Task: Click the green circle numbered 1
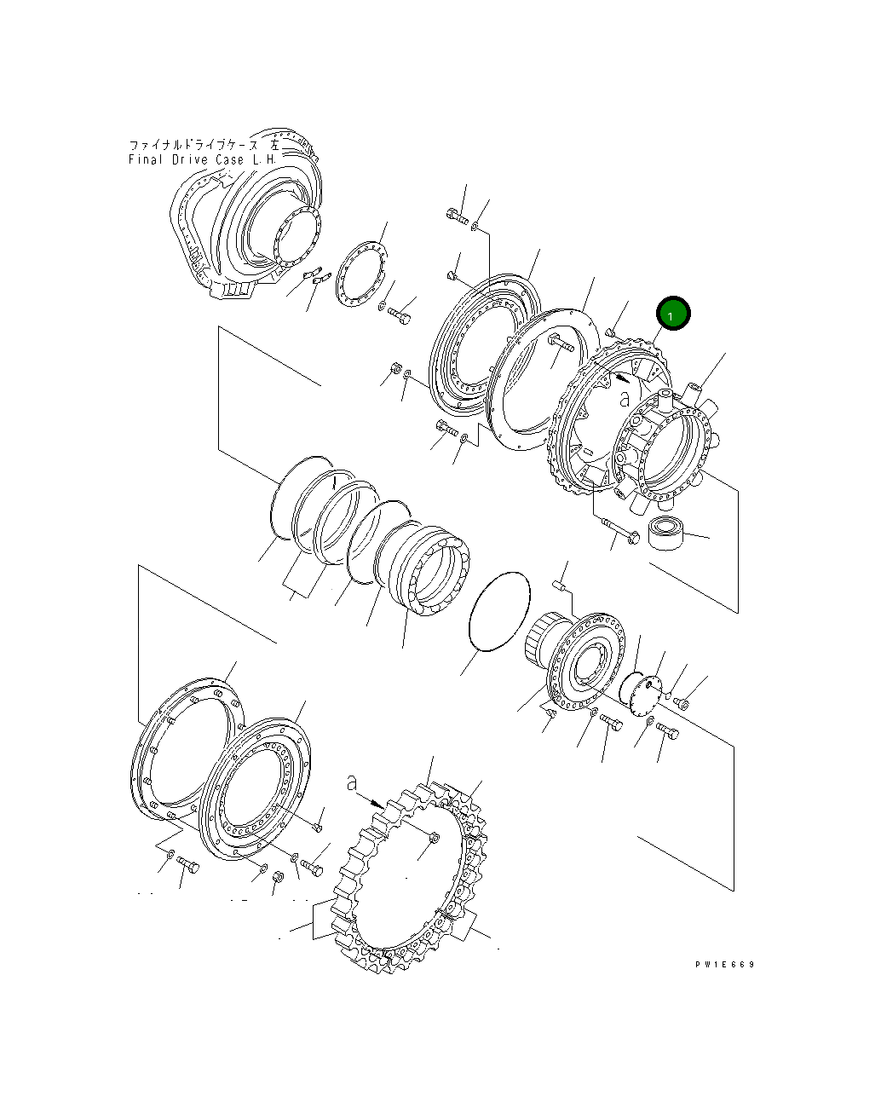click(x=672, y=314)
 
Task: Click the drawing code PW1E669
click(x=725, y=965)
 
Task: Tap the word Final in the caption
click(x=146, y=159)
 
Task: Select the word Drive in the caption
click(x=190, y=159)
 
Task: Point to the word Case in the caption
click(x=230, y=159)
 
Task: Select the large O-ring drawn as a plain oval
click(x=499, y=611)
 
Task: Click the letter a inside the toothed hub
click(x=624, y=398)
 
